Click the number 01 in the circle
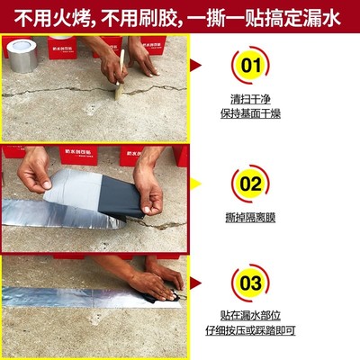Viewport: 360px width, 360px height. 253,66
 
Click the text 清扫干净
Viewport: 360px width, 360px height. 253,100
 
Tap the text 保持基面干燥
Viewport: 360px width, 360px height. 253,115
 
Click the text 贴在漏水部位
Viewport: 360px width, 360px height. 253,317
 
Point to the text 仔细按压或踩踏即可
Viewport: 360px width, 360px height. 253,332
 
